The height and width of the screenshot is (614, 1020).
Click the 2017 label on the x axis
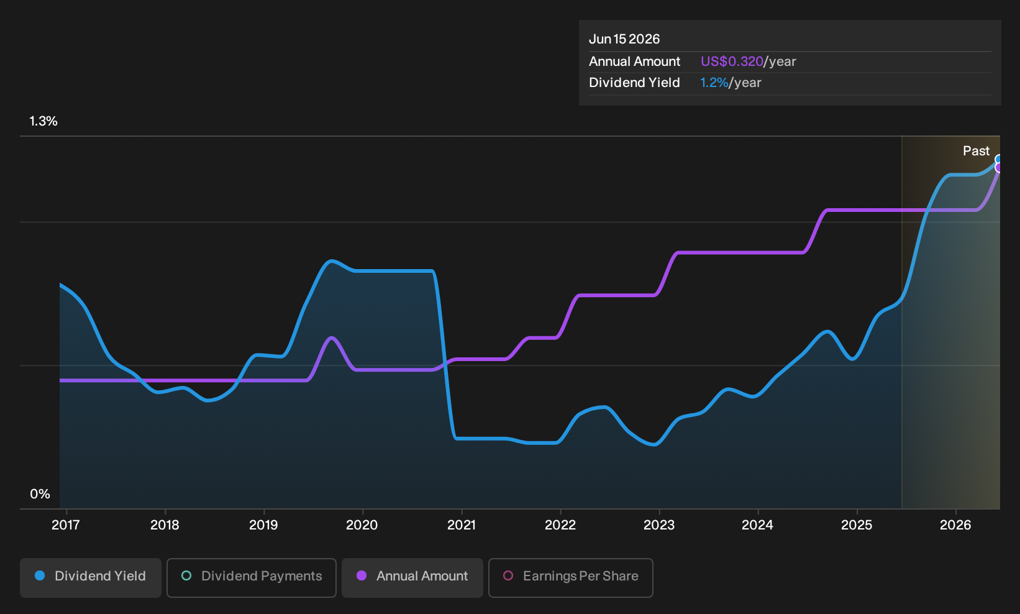point(66,525)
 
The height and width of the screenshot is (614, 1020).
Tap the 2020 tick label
point(362,525)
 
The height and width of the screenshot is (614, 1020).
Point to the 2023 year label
point(659,525)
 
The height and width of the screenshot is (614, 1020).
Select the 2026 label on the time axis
point(955,525)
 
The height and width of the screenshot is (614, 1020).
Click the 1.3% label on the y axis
point(43,121)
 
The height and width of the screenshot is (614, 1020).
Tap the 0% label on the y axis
point(40,494)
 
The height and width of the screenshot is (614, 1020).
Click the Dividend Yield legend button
point(91,577)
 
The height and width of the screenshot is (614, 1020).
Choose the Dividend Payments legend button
point(252,577)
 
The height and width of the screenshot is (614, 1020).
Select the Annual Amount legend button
point(412,577)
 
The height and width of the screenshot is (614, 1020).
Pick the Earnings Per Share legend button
point(570,577)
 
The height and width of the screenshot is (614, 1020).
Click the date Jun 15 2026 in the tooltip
point(624,39)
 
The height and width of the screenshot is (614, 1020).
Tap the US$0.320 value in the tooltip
point(732,62)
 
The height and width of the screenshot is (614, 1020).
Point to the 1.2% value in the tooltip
point(714,83)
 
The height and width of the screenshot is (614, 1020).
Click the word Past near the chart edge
point(976,151)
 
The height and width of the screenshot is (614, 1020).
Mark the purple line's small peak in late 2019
point(332,337)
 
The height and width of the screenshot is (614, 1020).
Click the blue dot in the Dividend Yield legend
point(40,575)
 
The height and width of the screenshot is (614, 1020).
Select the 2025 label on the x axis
point(857,525)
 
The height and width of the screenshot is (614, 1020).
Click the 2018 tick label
point(165,525)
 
